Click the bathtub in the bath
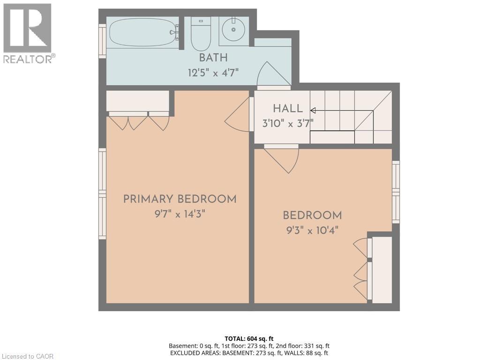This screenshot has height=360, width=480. click(x=142, y=32)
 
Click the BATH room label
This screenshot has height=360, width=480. click(x=213, y=58)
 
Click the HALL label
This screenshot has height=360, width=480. click(x=288, y=109)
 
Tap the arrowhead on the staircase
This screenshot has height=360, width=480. click(x=313, y=111)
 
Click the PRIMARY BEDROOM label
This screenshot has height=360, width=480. click(x=180, y=199)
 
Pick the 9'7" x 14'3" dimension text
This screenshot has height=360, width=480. click(x=180, y=214)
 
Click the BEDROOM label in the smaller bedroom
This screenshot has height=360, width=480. click(x=312, y=216)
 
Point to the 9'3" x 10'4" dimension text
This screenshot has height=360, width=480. click(x=312, y=230)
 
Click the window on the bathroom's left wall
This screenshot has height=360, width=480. click(x=102, y=41)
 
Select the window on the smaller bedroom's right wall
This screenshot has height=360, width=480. click(x=396, y=192)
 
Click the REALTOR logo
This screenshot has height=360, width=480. click(x=28, y=33)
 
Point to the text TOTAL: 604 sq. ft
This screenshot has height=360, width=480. click(x=249, y=338)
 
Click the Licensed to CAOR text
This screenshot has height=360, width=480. click(x=27, y=356)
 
